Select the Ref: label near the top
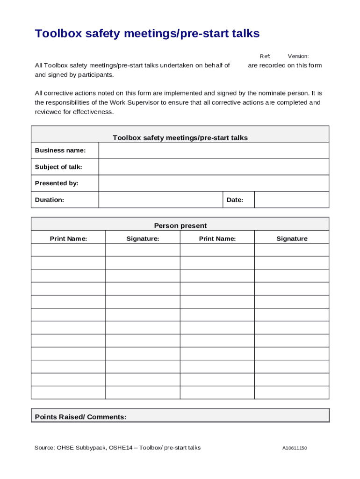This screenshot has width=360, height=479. (x=265, y=56)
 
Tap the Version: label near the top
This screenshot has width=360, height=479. (x=298, y=56)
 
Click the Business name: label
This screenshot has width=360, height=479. (x=60, y=150)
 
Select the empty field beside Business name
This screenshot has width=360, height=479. (x=213, y=151)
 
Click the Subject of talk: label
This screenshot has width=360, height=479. (x=58, y=167)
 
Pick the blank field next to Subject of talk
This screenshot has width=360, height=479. (x=213, y=167)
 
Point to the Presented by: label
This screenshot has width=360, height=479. (x=57, y=183)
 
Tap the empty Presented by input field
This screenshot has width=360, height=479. (x=213, y=183)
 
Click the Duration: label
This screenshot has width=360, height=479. (x=50, y=200)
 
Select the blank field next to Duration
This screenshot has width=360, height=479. (x=160, y=200)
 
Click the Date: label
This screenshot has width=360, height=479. (x=235, y=200)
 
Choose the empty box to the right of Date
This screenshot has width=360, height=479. (x=291, y=200)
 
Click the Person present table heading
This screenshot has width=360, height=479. (x=180, y=225)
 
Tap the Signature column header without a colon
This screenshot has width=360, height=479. (x=292, y=239)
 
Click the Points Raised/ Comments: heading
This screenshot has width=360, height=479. (x=81, y=417)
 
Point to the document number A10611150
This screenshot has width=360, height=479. (x=294, y=448)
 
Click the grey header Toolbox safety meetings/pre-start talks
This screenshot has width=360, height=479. (x=180, y=138)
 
